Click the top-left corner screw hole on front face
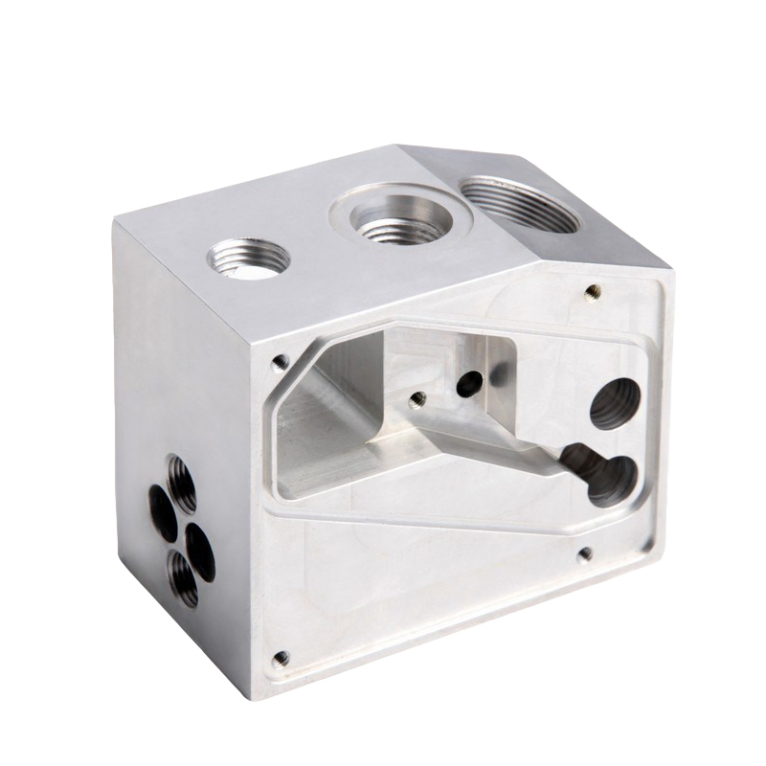tap(280, 362)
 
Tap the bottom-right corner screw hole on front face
tap(584, 553)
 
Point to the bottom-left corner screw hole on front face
tap(280, 658)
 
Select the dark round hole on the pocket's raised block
tap(468, 384)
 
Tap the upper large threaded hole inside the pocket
tap(613, 405)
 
